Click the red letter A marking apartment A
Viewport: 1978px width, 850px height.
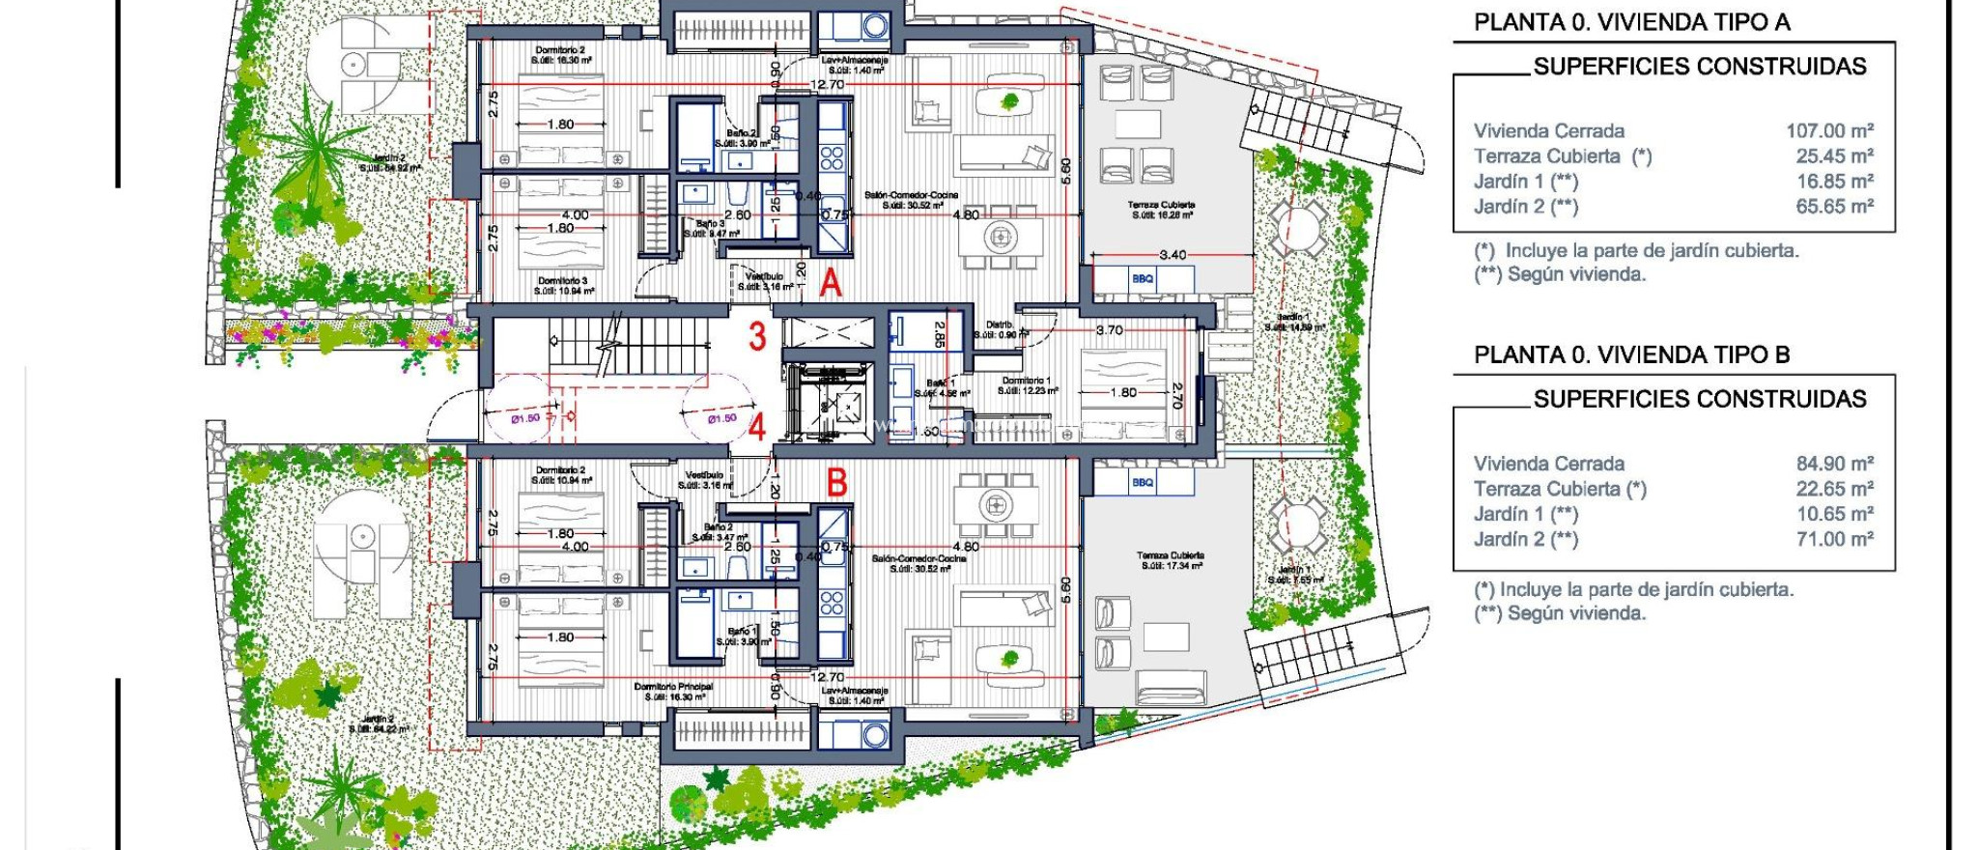coord(831,283)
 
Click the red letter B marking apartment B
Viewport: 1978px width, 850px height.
coord(836,482)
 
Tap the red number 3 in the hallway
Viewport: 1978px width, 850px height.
coord(757,336)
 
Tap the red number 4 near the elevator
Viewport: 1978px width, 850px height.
coord(757,426)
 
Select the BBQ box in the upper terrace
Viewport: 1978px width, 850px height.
coord(1143,279)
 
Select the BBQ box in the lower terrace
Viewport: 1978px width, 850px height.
coord(1143,482)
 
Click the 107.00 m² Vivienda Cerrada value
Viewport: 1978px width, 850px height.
coord(1829,130)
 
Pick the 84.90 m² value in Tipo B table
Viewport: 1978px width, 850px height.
coord(1834,464)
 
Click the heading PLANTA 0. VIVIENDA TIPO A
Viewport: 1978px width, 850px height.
coord(1631,22)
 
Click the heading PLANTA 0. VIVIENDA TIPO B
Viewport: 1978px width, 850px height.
coord(1631,354)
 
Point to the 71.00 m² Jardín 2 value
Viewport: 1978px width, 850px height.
coord(1834,539)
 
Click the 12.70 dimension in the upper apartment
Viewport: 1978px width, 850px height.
coord(827,85)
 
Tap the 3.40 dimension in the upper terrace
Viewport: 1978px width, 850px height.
coord(1173,255)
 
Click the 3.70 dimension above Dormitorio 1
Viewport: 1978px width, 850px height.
coord(1109,330)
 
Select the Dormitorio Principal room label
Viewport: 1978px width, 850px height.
coord(673,687)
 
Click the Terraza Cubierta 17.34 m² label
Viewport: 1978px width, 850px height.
coord(1171,560)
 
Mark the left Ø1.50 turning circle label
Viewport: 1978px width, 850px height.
coord(525,418)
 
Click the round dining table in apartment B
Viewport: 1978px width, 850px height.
coord(996,504)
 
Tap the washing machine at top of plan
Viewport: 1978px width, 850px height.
coord(875,26)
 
